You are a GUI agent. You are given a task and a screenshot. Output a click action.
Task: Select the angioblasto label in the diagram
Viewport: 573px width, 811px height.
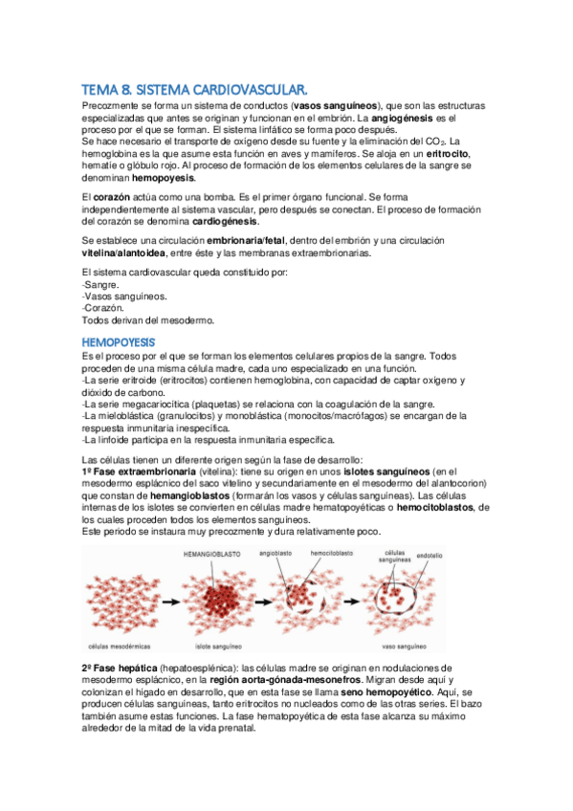[x=276, y=554]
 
